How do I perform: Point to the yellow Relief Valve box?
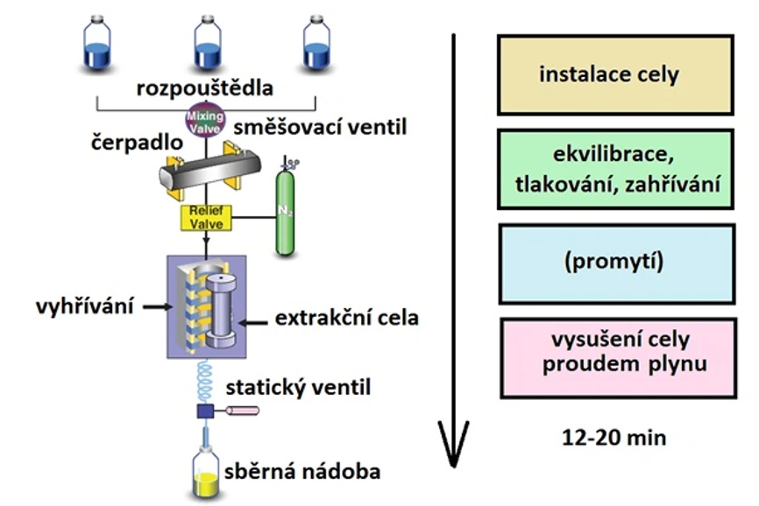click(x=206, y=217)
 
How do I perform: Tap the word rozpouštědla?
click(x=205, y=88)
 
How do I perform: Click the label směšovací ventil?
click(x=321, y=129)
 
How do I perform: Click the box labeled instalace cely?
click(x=614, y=74)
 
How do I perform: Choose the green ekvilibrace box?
click(x=614, y=170)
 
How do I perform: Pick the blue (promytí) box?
click(x=614, y=264)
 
